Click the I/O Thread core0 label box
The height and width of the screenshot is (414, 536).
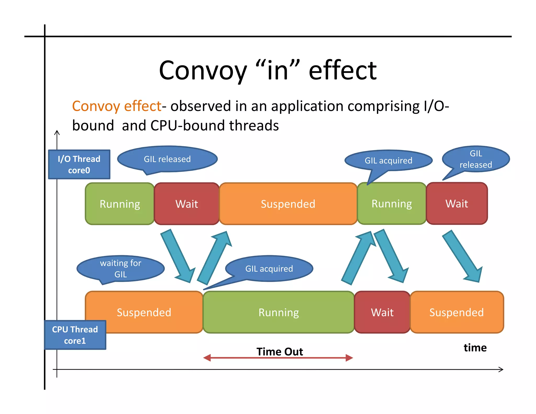pyautogui.click(x=79, y=164)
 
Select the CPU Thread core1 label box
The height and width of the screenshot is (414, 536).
pyautogui.click(x=75, y=335)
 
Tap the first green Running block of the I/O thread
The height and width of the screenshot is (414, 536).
pyautogui.click(x=120, y=204)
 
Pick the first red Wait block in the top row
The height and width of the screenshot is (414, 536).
pyautogui.click(x=187, y=204)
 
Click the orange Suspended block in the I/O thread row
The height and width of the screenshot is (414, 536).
pyautogui.click(x=288, y=204)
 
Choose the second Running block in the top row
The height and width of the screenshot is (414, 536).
pyautogui.click(x=392, y=203)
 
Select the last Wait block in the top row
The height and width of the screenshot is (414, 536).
pyautogui.click(x=457, y=203)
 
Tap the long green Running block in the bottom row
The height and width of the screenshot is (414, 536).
pyautogui.click(x=278, y=312)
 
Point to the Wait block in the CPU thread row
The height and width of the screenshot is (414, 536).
pyautogui.click(x=382, y=312)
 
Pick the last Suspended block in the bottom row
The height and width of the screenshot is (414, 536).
pyautogui.click(x=456, y=312)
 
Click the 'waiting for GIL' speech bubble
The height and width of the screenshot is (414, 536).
pyautogui.click(x=120, y=268)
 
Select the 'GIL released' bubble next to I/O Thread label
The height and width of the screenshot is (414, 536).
pyautogui.click(x=167, y=159)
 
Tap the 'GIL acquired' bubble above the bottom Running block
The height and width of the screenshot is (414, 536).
pyautogui.click(x=269, y=268)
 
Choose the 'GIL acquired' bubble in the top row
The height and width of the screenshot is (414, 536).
pyautogui.click(x=388, y=160)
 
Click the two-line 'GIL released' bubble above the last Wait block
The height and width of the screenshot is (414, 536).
pyautogui.click(x=476, y=159)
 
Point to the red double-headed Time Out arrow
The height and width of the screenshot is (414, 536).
pyautogui.click(x=278, y=358)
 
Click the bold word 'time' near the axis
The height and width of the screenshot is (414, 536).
pyautogui.click(x=475, y=348)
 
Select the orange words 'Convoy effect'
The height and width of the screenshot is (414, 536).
pyautogui.click(x=117, y=106)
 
